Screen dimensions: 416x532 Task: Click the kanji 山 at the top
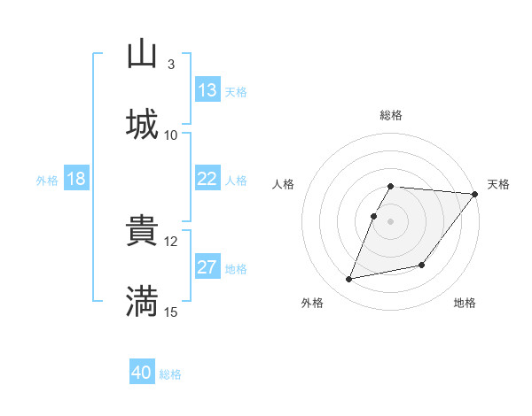[x=142, y=54]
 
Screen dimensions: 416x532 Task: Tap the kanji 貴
[x=142, y=231]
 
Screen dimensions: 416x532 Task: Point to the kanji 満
[x=142, y=301]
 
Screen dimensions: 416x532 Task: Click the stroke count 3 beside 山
[x=170, y=64]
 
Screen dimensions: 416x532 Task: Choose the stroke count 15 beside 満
[x=171, y=312]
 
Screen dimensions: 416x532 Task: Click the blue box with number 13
[x=207, y=90]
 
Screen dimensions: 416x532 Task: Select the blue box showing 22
[x=207, y=179]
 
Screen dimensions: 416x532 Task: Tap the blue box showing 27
[x=207, y=267]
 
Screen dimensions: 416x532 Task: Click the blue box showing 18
[x=76, y=179]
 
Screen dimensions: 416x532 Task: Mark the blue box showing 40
[x=142, y=373]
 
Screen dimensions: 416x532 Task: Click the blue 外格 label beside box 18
[x=47, y=181]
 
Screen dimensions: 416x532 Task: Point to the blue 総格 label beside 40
[x=170, y=374]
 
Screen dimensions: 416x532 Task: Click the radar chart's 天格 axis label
[x=498, y=184]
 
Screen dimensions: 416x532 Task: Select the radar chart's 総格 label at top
[x=391, y=115]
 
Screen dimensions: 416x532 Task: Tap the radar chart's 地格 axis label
[x=465, y=304]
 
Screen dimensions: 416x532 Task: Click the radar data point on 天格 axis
[x=475, y=194]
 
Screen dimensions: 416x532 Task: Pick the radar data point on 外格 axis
[x=349, y=279]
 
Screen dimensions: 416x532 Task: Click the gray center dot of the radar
[x=391, y=220]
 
